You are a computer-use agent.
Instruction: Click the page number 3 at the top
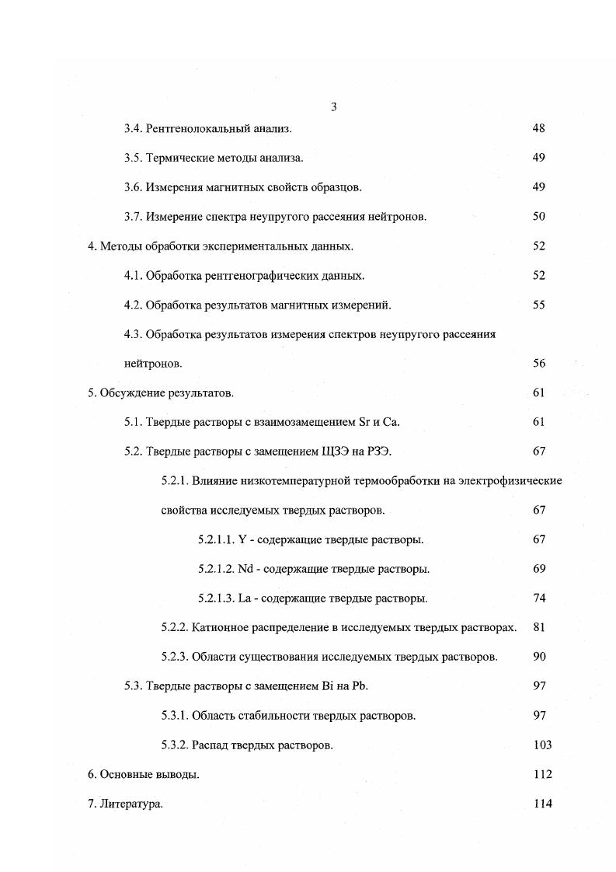(333, 106)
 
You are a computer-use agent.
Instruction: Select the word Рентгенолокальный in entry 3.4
(194, 128)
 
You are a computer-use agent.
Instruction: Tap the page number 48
(538, 128)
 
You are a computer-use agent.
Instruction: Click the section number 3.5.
(134, 158)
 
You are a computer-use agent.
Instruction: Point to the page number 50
(538, 217)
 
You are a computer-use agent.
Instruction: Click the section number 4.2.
(134, 305)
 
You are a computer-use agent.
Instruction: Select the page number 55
(538, 305)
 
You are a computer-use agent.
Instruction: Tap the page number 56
(538, 364)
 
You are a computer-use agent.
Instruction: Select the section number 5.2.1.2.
(216, 569)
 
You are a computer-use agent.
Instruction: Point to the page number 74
(539, 598)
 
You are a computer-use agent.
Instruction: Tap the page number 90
(539, 657)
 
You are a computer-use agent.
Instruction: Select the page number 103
(542, 745)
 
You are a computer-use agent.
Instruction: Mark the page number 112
(542, 775)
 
